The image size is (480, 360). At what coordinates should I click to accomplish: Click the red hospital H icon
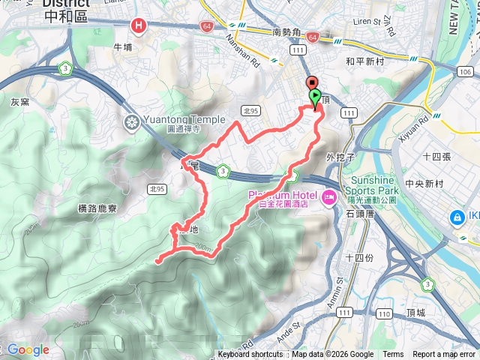click(x=139, y=26)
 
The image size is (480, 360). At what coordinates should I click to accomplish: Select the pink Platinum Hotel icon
click(x=328, y=197)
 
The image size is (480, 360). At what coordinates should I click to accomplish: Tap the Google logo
click(x=28, y=349)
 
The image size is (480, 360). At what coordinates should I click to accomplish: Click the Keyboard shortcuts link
click(x=250, y=355)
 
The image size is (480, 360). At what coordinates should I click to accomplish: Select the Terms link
click(x=393, y=355)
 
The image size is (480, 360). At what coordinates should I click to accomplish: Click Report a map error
click(x=445, y=355)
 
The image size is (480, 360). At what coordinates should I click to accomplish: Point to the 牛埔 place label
click(x=122, y=46)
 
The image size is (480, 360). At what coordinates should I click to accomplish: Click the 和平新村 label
click(x=366, y=61)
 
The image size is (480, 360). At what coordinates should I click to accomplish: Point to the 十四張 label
click(x=436, y=156)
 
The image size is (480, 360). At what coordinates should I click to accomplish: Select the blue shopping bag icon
click(x=455, y=217)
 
